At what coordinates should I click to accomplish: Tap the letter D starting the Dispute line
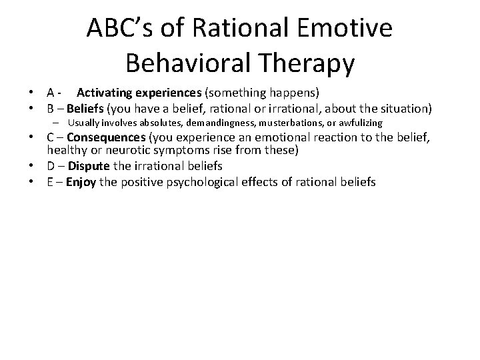(x=51, y=166)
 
